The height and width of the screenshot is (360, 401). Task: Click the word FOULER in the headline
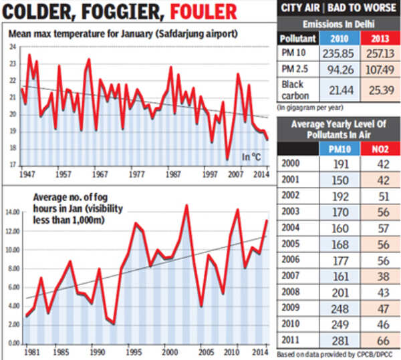click(x=203, y=11)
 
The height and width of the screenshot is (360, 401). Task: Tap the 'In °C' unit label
click(x=252, y=157)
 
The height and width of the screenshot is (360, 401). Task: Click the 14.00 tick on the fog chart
click(x=13, y=212)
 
